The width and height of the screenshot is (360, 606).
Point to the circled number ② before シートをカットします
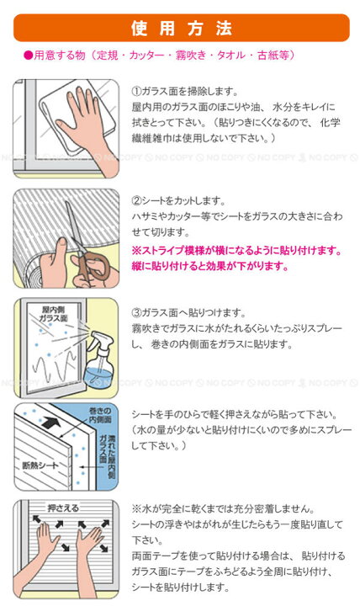pyautogui.click(x=137, y=200)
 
